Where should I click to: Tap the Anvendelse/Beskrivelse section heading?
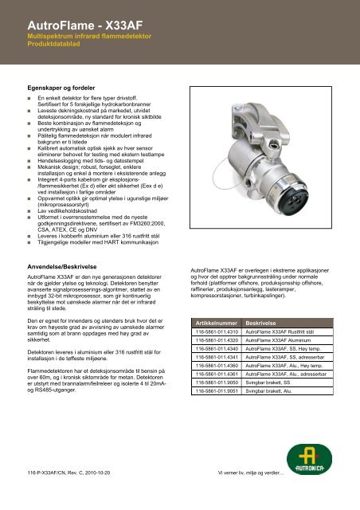[x=68, y=259]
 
